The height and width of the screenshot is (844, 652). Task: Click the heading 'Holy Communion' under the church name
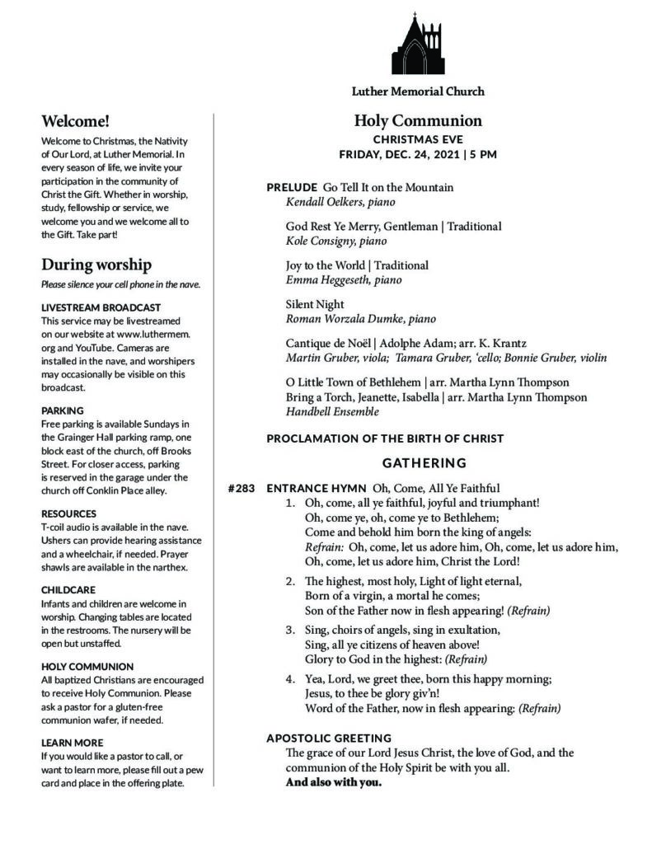pos(418,121)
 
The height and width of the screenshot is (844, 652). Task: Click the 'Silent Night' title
pos(315,304)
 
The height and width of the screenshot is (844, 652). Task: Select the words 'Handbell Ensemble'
pos(332,411)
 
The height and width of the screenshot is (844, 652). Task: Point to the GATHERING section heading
pos(424,463)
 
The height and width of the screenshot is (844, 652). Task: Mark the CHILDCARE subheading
pos(68,590)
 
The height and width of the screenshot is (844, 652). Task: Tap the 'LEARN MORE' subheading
pos(73,743)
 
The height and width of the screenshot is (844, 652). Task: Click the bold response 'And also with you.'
pos(333,782)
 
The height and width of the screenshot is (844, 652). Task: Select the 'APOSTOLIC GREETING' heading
pos(328,738)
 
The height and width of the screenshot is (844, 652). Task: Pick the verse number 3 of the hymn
pos(290,630)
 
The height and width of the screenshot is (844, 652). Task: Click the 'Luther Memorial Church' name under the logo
pos(418,91)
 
